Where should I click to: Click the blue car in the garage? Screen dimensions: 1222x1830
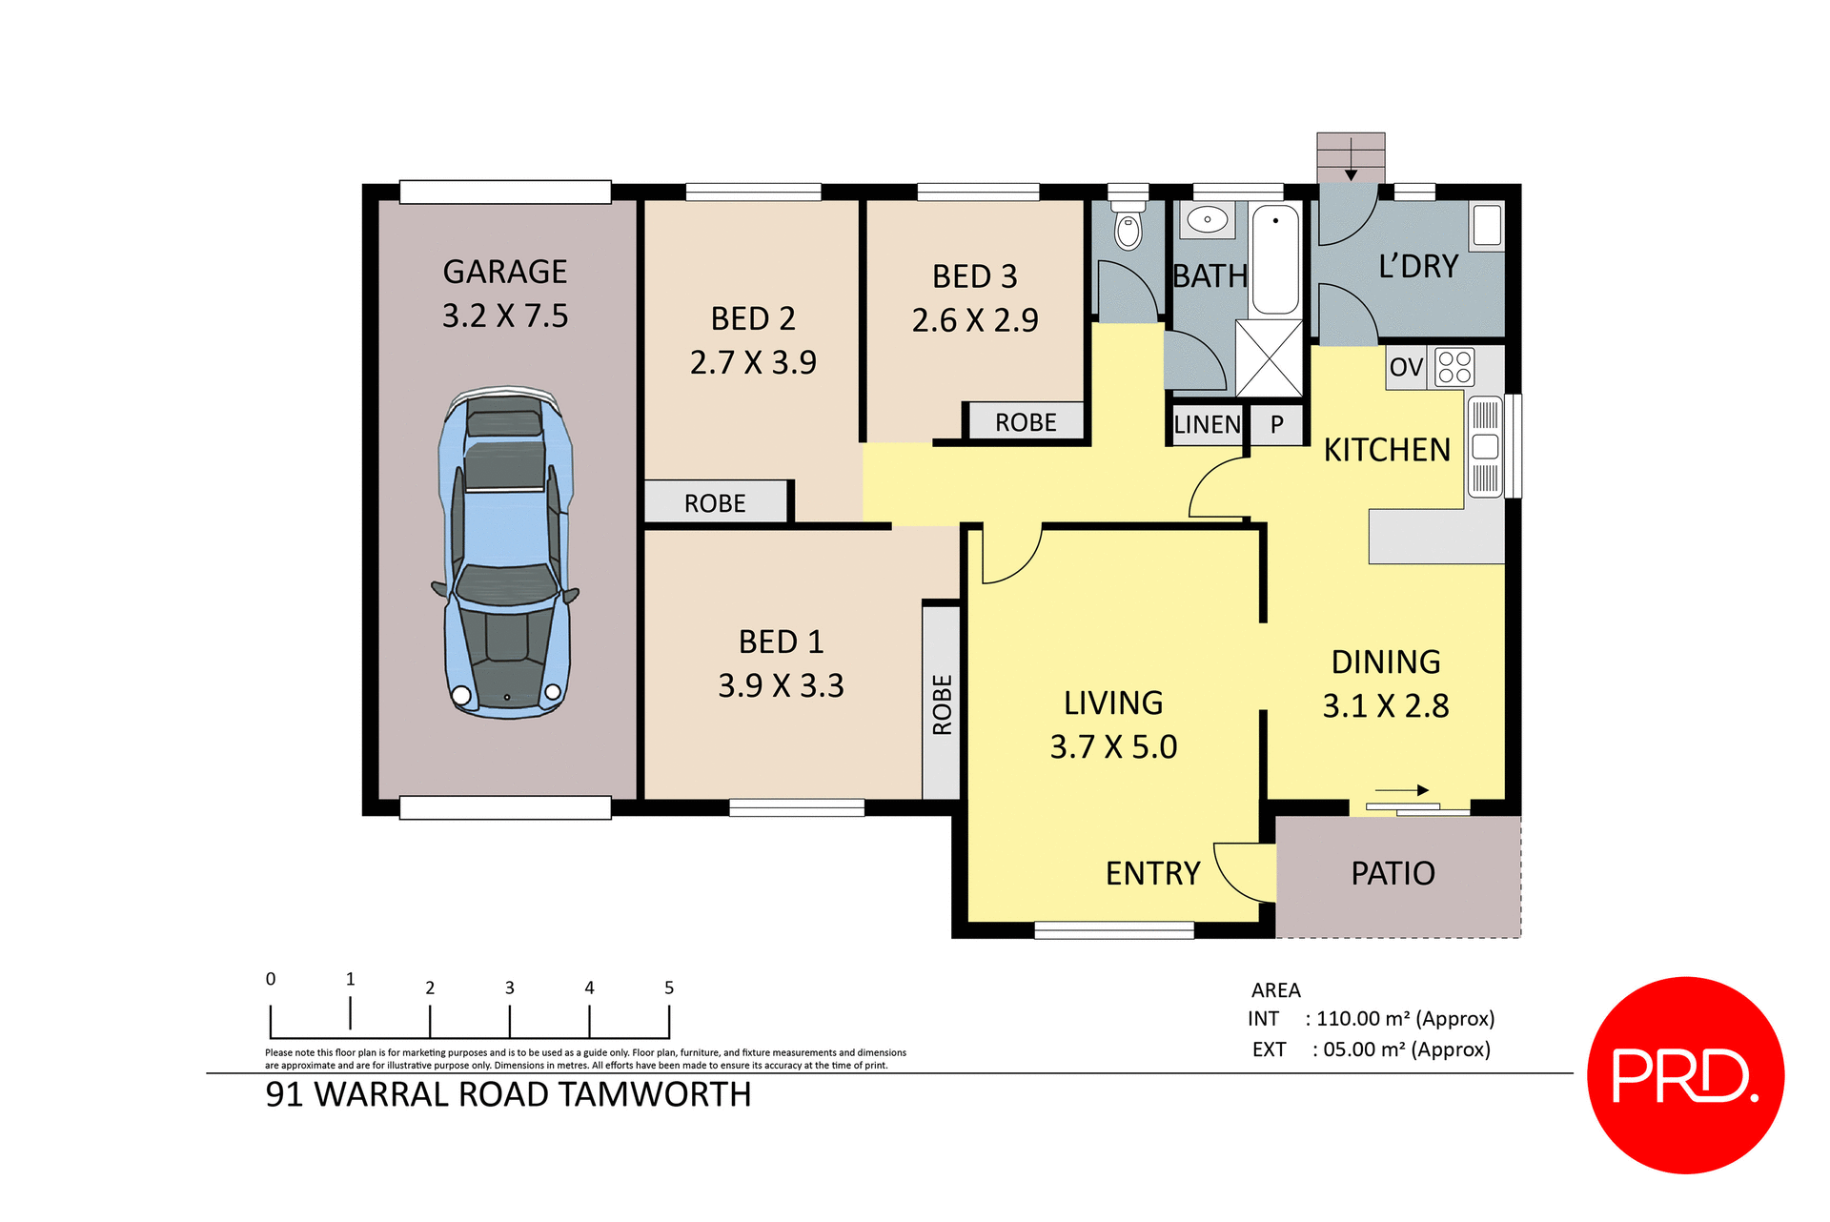point(505,553)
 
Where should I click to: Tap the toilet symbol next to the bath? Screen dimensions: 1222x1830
point(1128,227)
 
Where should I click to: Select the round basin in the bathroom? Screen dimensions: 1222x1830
point(1208,219)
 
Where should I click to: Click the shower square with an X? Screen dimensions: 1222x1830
point(1269,358)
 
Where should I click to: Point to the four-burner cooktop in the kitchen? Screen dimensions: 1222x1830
point(1454,367)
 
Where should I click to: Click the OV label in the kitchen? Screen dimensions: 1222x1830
point(1406,368)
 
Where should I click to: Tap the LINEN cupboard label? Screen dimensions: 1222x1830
point(1207,425)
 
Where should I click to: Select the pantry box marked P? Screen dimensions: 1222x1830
point(1277,425)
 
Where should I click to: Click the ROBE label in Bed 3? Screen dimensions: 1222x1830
point(1026,422)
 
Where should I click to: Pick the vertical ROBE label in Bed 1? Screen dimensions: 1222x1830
point(942,704)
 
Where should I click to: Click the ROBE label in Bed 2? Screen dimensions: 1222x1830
point(715,503)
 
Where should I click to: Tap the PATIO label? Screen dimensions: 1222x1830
point(1393,873)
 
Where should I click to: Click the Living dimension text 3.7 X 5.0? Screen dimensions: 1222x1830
point(1113,746)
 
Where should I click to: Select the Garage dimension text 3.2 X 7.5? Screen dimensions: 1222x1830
point(505,316)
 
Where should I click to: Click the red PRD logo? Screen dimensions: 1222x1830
point(1685,1075)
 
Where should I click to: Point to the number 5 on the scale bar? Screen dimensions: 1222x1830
point(669,988)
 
